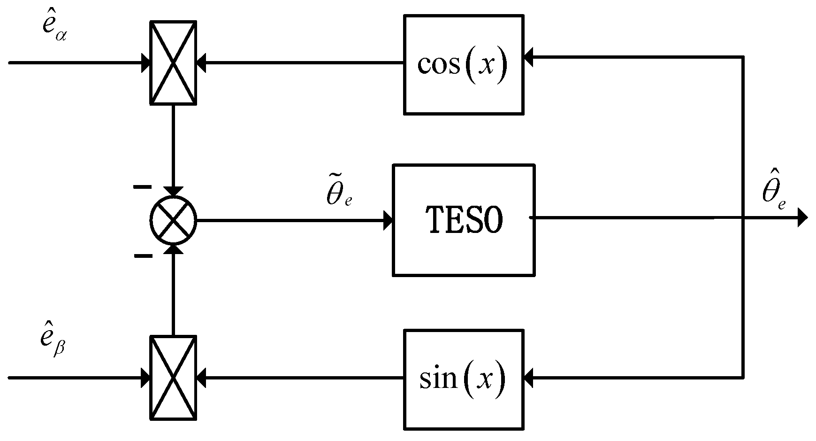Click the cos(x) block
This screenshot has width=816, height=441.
point(464,64)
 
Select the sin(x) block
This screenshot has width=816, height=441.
point(464,379)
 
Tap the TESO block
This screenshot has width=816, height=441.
point(464,220)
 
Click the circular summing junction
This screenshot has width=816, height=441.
point(173,220)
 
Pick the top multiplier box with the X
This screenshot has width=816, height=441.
point(173,62)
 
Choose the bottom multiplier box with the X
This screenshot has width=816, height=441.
point(173,377)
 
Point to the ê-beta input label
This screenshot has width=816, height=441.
point(53,344)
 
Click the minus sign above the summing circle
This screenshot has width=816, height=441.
point(143,187)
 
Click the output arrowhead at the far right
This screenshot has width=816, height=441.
point(802,218)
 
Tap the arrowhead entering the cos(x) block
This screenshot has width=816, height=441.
point(529,58)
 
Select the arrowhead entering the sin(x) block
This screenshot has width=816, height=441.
point(529,377)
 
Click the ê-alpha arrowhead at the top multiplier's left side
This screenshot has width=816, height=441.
point(145,62)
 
